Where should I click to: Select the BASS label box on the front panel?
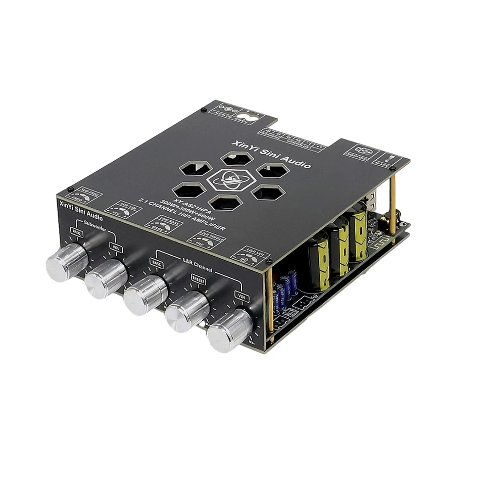[156, 262]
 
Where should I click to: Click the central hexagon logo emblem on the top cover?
[230, 180]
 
